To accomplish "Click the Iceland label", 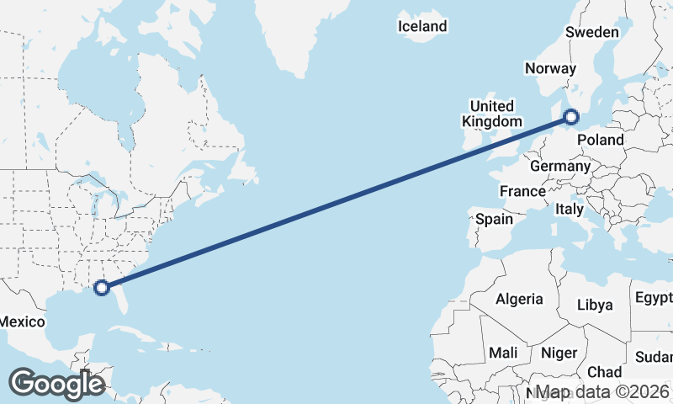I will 422,26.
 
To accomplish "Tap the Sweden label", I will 591,32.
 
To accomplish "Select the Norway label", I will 549,69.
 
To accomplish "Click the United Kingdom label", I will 491,114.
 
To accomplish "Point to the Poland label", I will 601,140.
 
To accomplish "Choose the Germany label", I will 560,166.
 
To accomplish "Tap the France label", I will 522,191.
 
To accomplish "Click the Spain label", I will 494,219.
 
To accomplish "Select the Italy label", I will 570,208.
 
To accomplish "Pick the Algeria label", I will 519,299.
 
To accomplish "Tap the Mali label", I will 503,352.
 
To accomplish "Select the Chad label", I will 605,371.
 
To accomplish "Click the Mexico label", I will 21,322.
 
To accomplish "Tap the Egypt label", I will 654,297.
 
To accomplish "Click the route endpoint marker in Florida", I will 102,288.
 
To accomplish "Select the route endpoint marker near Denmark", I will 570,117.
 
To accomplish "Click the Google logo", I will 56,383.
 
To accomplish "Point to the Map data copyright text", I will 602,392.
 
